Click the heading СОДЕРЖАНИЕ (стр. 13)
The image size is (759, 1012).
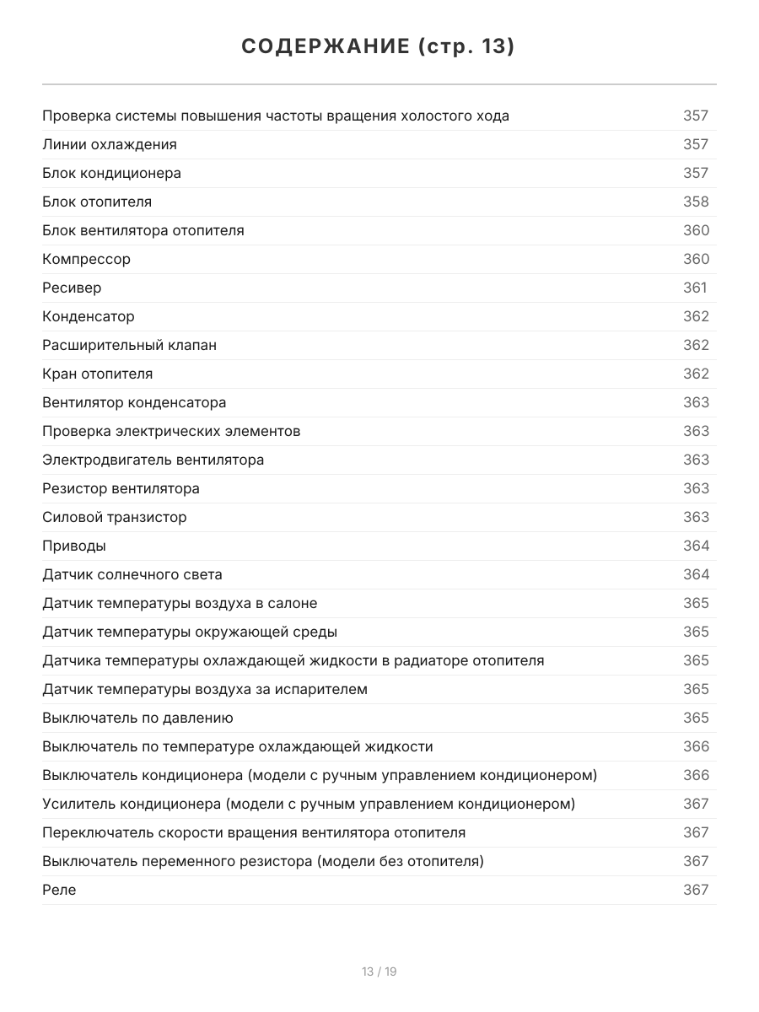[379, 46]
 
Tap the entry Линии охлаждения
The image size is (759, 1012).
[110, 144]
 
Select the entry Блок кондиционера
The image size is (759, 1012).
[111, 173]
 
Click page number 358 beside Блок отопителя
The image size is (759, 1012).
[696, 202]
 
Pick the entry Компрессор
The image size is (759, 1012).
[86, 259]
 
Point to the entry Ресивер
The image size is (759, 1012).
[72, 288]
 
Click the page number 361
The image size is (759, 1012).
[695, 288]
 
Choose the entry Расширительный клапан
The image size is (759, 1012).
[129, 345]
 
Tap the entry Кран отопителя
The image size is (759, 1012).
[98, 374]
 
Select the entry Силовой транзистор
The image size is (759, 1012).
[115, 517]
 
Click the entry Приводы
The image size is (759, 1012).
[74, 546]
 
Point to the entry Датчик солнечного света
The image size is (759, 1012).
[132, 574]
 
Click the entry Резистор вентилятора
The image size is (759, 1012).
[121, 488]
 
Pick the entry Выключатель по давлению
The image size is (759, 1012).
[137, 718]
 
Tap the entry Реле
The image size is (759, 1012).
[59, 890]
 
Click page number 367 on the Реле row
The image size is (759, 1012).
[696, 890]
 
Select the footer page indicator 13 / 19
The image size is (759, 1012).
[379, 972]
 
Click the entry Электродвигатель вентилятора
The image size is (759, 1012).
[153, 460]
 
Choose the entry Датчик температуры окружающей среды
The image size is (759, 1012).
[190, 632]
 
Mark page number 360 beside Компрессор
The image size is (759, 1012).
[696, 259]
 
